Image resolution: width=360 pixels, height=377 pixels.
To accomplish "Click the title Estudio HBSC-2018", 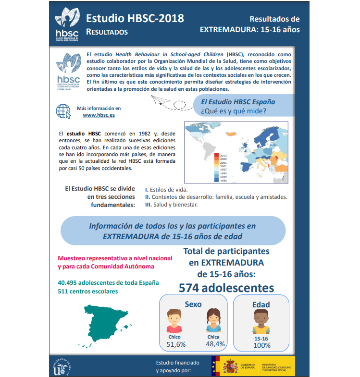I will click(x=135, y=19).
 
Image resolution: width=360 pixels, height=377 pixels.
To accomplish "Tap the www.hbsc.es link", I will click(x=99, y=116).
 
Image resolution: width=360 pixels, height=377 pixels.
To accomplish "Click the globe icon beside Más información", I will click(x=63, y=111).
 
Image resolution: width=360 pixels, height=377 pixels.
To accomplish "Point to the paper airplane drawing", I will click(x=159, y=100).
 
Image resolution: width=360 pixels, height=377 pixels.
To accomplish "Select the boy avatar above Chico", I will click(x=174, y=321).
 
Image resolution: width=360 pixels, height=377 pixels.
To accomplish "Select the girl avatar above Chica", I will click(x=213, y=321).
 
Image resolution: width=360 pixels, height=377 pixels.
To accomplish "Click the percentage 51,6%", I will click(x=175, y=344).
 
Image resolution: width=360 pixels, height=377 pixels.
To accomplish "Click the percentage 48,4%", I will click(x=215, y=344).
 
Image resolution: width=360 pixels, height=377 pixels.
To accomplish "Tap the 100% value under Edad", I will click(x=261, y=345).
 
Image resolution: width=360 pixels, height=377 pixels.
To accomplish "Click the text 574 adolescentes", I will click(x=226, y=288).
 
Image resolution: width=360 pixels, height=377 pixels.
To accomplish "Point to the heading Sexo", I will click(x=193, y=304).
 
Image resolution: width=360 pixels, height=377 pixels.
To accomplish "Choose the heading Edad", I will click(x=261, y=304).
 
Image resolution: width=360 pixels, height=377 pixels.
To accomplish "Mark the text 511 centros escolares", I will click(x=87, y=292).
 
